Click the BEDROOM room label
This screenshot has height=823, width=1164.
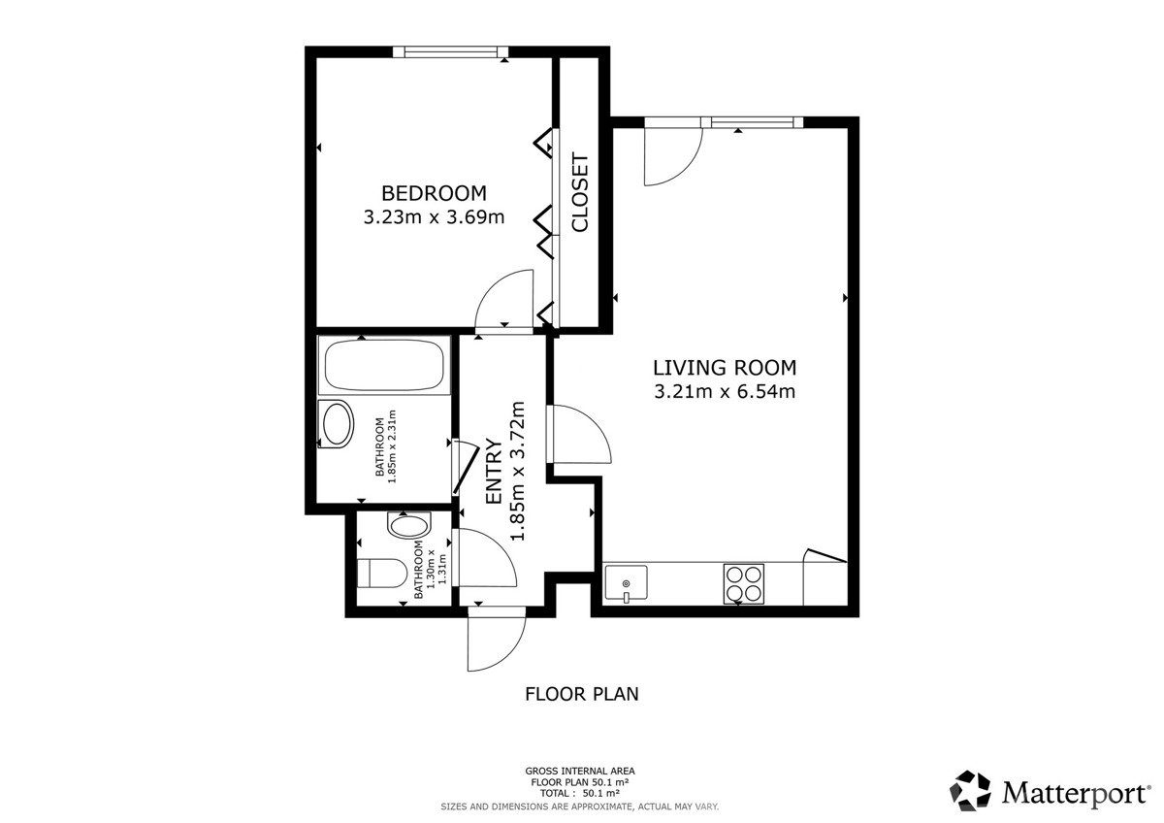[x=434, y=193]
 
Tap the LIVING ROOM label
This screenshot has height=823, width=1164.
[x=725, y=368]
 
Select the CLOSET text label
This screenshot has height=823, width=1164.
[x=579, y=192]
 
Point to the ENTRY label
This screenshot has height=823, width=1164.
[x=493, y=471]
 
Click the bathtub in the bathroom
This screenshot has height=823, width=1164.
[x=384, y=365]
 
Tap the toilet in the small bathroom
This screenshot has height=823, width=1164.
[x=382, y=574]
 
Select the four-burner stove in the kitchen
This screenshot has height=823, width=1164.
[x=744, y=584]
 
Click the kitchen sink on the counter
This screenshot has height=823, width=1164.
[x=627, y=583]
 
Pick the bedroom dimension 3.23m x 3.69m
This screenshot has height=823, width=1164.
[x=434, y=216]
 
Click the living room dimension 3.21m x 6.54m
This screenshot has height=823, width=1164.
[x=725, y=391]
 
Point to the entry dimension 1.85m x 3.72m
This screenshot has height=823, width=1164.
[x=518, y=471]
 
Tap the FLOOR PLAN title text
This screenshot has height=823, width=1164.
[x=581, y=694]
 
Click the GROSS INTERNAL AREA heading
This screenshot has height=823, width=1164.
[x=580, y=772]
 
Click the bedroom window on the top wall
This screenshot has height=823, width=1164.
[x=450, y=51]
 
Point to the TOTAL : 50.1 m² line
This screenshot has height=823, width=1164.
[x=580, y=794]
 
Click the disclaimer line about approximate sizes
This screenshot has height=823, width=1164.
[x=580, y=807]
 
